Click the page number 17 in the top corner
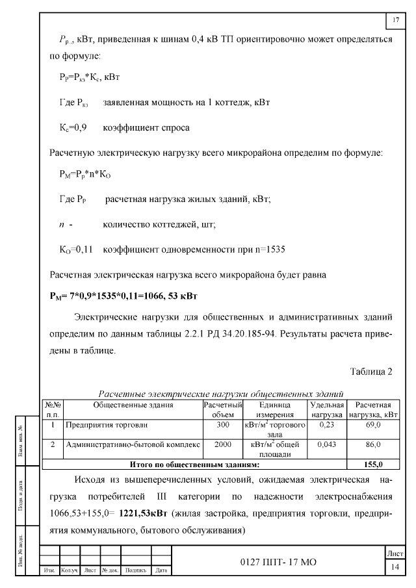(396, 20)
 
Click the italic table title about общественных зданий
(221, 394)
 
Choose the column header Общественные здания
(133, 405)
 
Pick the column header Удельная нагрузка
(326, 409)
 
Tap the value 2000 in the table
(223, 445)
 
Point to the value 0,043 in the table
(326, 445)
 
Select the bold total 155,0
(373, 465)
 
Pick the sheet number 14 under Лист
(394, 567)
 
